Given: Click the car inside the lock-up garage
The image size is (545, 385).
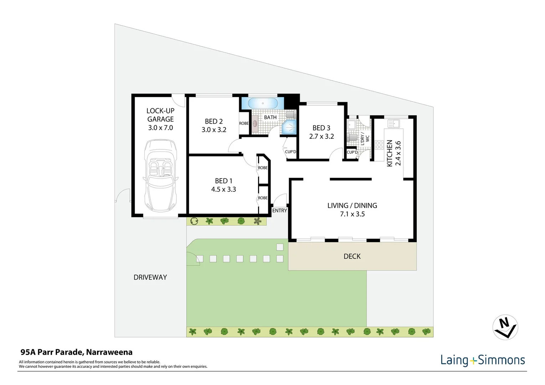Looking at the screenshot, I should tap(160, 176).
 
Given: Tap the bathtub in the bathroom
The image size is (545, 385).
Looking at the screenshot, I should tap(263, 103).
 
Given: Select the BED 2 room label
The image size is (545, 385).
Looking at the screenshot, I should tap(214, 121).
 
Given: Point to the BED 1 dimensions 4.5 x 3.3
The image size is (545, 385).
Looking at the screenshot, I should tap(223, 189).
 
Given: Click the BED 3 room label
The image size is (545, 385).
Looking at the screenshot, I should tap(321, 128).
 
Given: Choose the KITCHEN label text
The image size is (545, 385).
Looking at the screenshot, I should tap(390, 153).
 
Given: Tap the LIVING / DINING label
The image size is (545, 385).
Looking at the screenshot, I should tap(352, 205).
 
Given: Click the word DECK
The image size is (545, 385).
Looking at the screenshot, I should tap(352, 256).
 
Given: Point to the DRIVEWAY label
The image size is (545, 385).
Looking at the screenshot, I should tap(150, 277).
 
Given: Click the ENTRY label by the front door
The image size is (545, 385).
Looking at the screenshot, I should tap(279, 211).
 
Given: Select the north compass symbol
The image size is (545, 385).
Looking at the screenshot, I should tap(505, 327).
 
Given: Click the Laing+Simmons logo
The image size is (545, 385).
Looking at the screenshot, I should tap(483, 360).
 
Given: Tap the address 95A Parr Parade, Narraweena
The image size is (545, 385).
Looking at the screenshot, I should tap(76, 352).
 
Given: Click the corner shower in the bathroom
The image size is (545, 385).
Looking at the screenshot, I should tap(289, 128).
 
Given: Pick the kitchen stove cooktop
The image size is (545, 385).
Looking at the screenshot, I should tap(379, 145).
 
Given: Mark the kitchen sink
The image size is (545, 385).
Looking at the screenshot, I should tap(394, 124).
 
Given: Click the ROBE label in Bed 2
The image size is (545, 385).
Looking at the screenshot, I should tap(244, 123).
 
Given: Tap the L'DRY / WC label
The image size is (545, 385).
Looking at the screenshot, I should tap(365, 138).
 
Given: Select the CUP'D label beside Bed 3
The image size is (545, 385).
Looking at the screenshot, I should tap(291, 152).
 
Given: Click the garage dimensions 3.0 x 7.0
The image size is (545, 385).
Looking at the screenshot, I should tap(160, 128).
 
